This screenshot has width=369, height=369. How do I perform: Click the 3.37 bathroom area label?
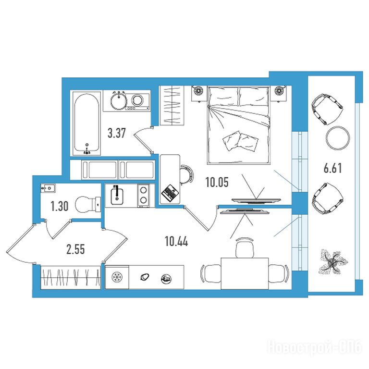click(x=116, y=133)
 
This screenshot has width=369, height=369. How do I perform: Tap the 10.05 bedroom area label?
click(x=217, y=182)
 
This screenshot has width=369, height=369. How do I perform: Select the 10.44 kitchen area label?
click(x=176, y=242)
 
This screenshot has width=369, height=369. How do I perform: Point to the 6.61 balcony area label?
click(x=332, y=169)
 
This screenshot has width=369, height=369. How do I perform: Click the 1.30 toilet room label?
click(x=59, y=207)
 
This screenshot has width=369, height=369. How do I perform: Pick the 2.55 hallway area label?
click(x=75, y=249)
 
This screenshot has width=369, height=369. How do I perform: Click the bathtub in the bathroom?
click(x=86, y=123)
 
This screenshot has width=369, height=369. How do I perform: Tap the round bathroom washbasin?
click(x=119, y=100)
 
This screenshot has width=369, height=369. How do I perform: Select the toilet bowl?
click(x=88, y=204)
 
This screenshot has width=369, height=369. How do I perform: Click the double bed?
click(x=238, y=125)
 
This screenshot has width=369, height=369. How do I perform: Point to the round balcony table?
click(x=338, y=138)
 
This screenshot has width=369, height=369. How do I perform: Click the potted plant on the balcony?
click(x=333, y=262)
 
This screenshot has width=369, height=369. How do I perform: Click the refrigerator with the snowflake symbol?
click(x=117, y=277)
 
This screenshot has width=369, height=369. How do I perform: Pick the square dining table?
click(x=245, y=273)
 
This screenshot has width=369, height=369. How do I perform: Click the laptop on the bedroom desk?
click(x=170, y=192)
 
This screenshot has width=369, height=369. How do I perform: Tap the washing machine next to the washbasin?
click(x=138, y=101)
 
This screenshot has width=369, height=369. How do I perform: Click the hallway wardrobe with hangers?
click(x=70, y=277)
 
